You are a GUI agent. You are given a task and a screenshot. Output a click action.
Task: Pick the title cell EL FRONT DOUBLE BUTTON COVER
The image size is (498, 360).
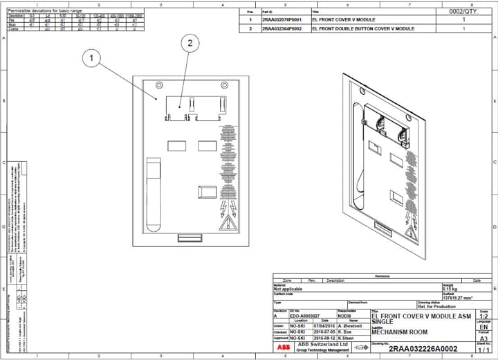tap(363, 29)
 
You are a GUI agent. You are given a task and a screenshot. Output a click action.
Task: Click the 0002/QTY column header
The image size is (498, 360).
tap(463, 12)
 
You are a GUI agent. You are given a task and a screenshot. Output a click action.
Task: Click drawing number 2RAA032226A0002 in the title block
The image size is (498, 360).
tap(423, 349)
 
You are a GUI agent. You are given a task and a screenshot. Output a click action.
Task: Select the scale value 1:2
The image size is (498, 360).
tap(484, 316)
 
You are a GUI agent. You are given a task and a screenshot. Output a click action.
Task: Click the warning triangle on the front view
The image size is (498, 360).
tap(226, 223)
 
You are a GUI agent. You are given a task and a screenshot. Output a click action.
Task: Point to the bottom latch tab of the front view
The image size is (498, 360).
tap(189, 238)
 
